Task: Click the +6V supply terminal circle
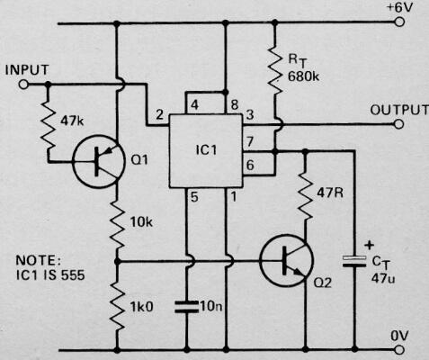[x=396, y=26]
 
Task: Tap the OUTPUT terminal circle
[x=396, y=124]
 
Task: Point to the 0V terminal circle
[x=396, y=347]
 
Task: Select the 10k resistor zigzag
[x=118, y=228]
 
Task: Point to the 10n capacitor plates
[x=187, y=306]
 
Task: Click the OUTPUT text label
[x=398, y=109]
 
